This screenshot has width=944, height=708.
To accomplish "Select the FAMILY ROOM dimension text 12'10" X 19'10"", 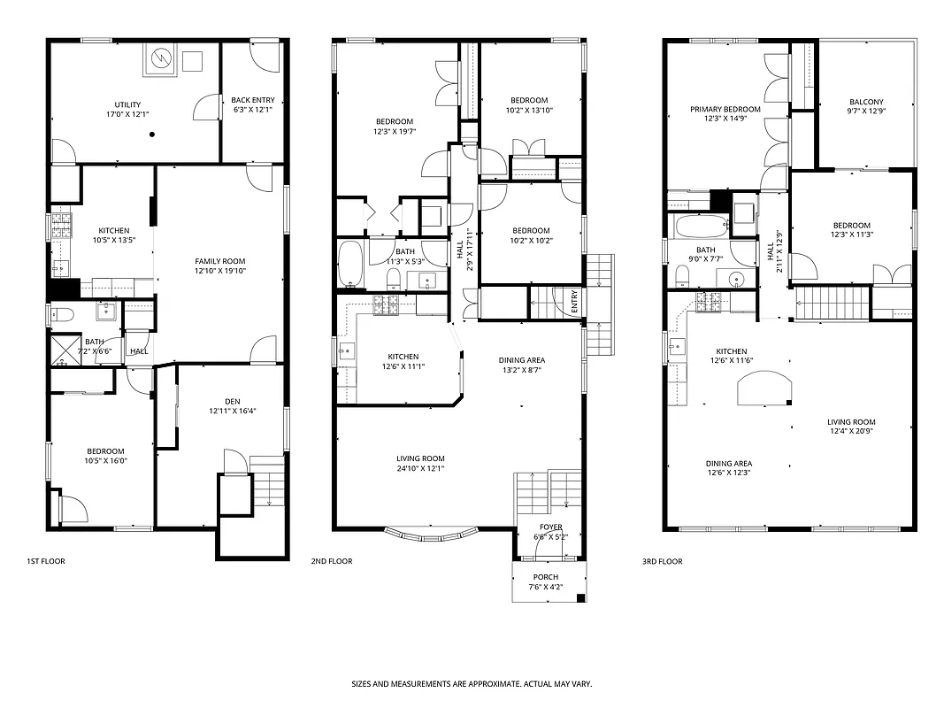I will [220, 272].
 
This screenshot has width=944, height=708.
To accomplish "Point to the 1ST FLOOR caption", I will [46, 561].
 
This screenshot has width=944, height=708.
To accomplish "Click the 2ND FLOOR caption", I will [332, 561].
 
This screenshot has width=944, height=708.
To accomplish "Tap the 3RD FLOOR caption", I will [662, 561].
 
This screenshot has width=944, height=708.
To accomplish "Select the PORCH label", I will [546, 577].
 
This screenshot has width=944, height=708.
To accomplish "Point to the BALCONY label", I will [866, 102].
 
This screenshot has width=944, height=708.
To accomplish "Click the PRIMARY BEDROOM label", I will [725, 109].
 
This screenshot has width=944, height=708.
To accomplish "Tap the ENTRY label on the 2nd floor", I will [574, 303].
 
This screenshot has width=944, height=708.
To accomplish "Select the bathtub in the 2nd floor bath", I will [350, 265].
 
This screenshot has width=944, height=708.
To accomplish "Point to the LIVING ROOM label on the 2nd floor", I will [420, 458].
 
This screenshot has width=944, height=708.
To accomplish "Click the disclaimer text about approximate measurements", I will [472, 684].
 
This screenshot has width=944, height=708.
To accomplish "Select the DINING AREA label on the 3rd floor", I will [728, 463].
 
